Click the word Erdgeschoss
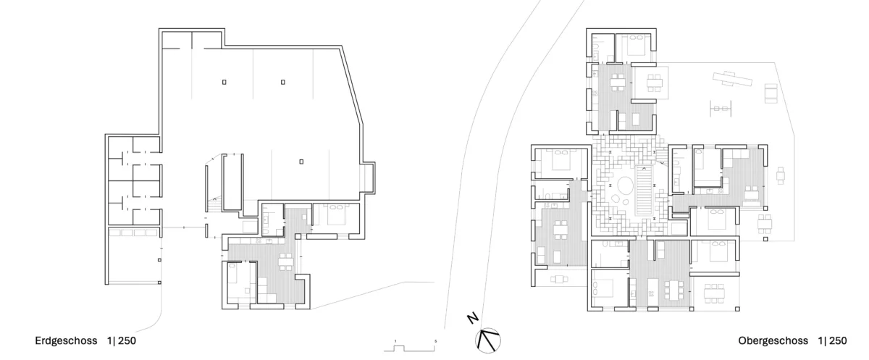pos(66,340)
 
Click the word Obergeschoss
pos(773,340)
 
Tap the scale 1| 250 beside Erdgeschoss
pos(122,340)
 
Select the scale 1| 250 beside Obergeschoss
pos(833,340)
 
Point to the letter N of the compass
pos(472,319)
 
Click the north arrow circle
pos(487,340)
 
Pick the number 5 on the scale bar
pos(436,341)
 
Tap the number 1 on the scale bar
pos(395,341)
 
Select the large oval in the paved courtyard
pos(624,185)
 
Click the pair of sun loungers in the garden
pos(771,93)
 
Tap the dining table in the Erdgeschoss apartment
pos(286,262)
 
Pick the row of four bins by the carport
pos(133,233)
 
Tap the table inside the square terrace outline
pos(654,83)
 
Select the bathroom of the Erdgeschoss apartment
pos(273,219)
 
